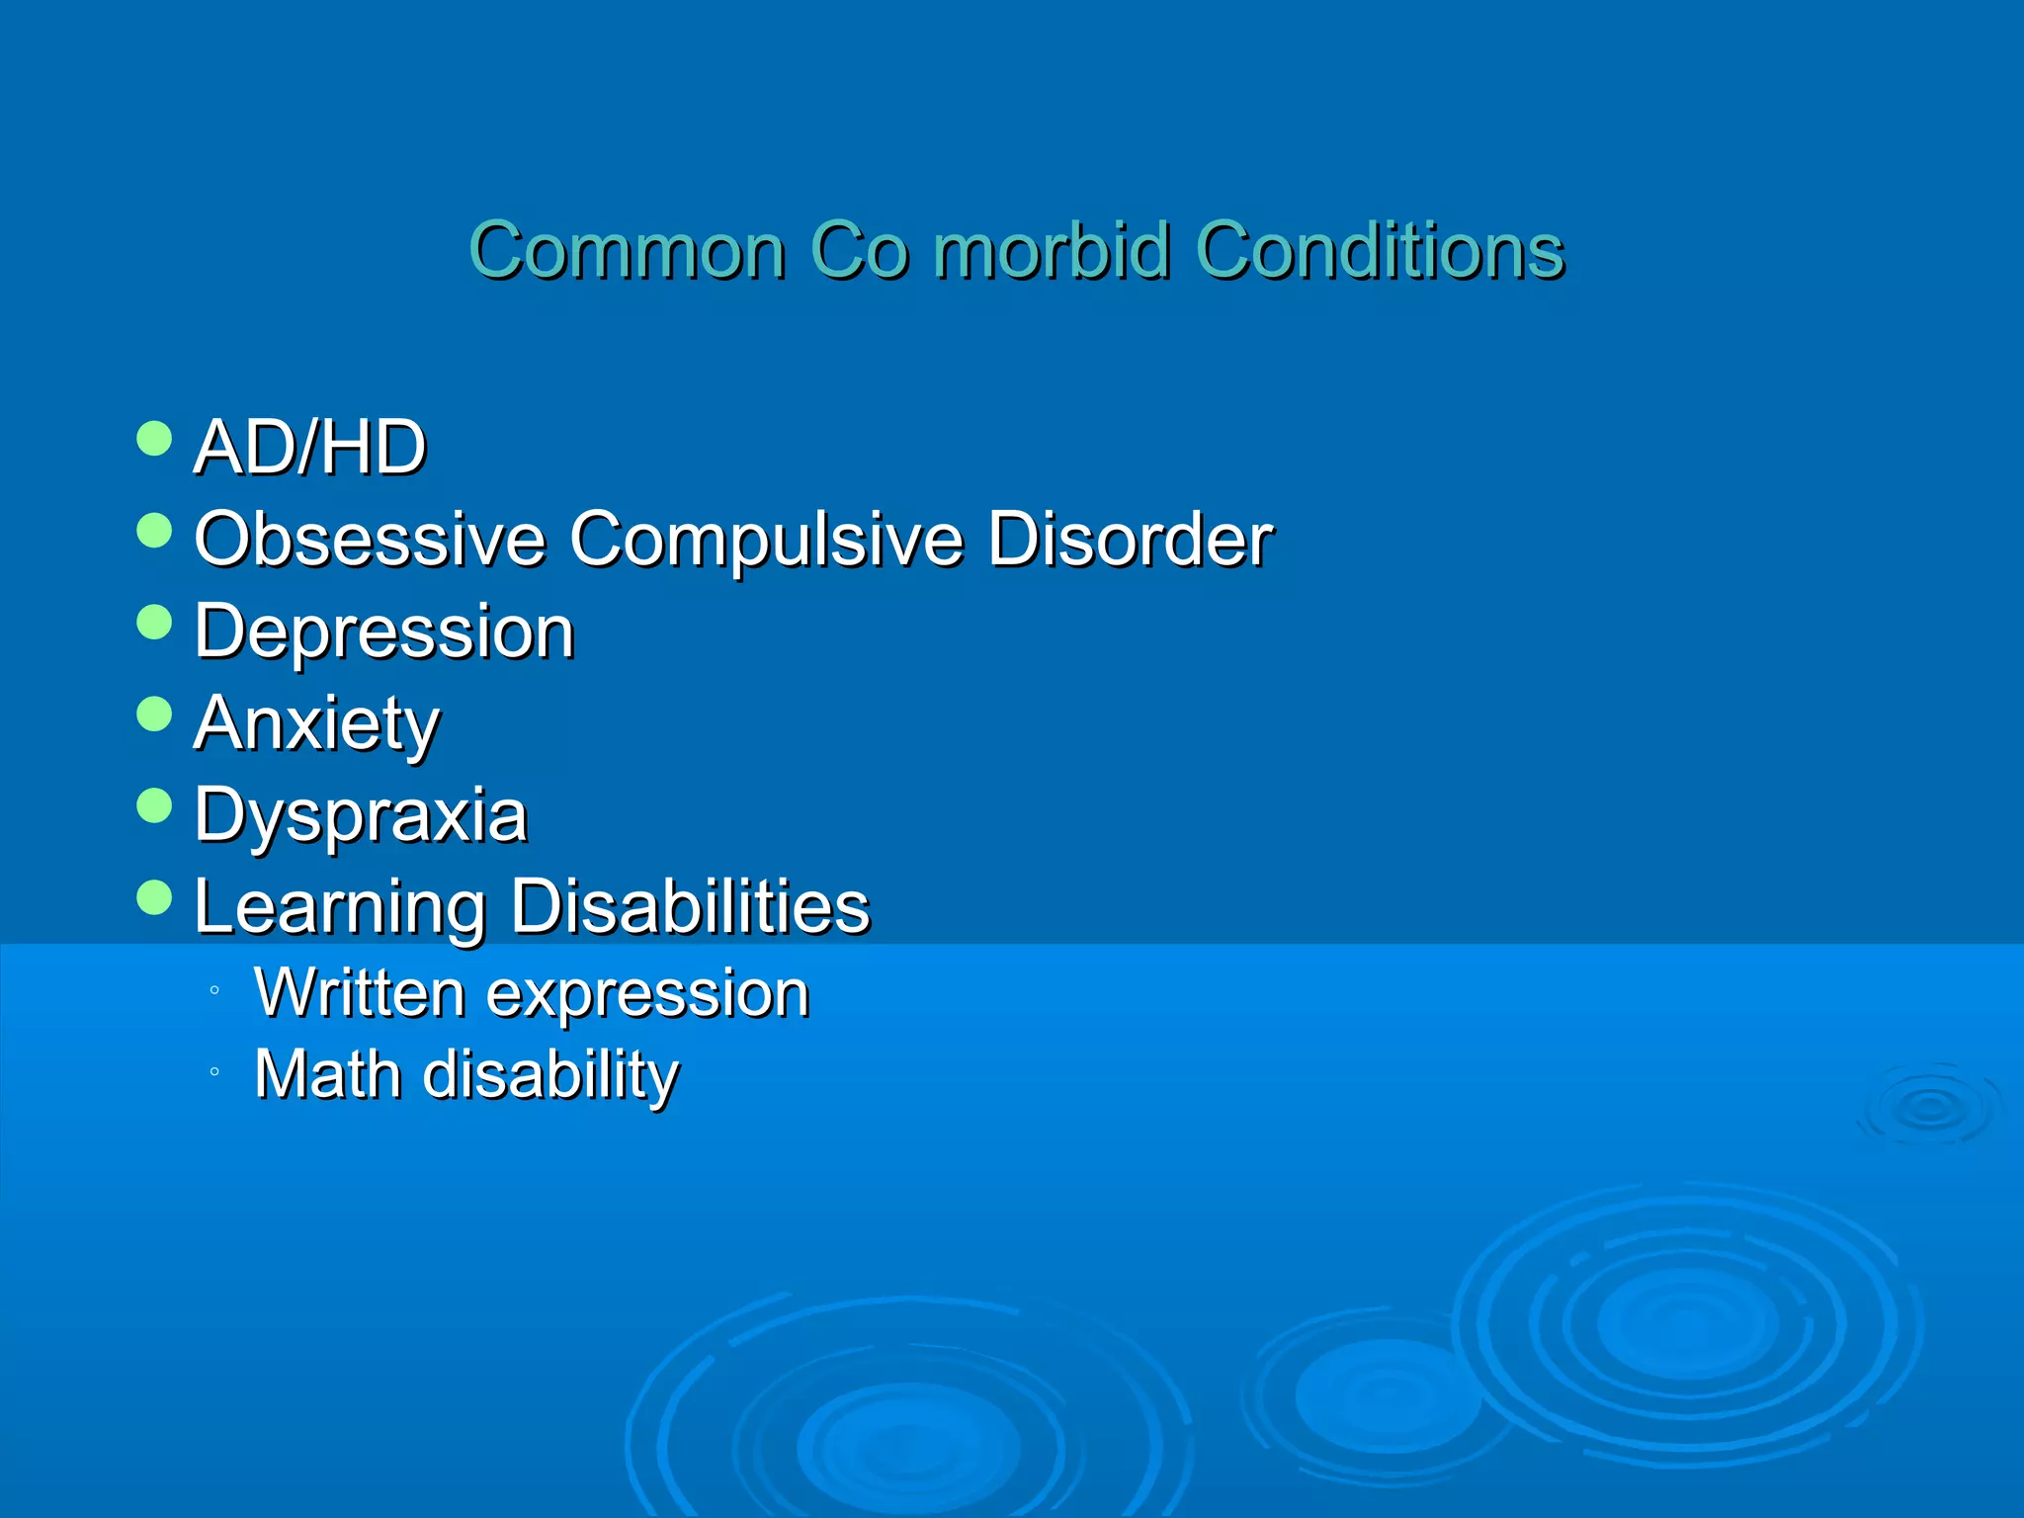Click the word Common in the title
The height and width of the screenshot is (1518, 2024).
[628, 250]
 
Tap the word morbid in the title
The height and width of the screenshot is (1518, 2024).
[1053, 250]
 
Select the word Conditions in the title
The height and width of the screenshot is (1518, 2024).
[1380, 250]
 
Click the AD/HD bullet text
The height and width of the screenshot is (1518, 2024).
[310, 448]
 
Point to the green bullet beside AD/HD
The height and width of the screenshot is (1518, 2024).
[154, 438]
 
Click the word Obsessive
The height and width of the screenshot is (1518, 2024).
[370, 540]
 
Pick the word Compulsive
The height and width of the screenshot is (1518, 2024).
[766, 540]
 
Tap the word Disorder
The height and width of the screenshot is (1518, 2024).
[1130, 540]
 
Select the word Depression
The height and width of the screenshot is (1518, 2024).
[384, 632]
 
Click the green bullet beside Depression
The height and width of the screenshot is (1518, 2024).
[154, 622]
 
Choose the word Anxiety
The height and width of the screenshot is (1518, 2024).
[316, 724]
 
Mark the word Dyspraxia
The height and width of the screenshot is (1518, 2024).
[361, 816]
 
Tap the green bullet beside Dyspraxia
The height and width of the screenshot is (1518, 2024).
[154, 805]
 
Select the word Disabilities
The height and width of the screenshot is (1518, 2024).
[691, 907]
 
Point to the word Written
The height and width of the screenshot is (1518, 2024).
[360, 992]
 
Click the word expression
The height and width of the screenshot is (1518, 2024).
[648, 994]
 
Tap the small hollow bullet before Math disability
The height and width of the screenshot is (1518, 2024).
[214, 1071]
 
